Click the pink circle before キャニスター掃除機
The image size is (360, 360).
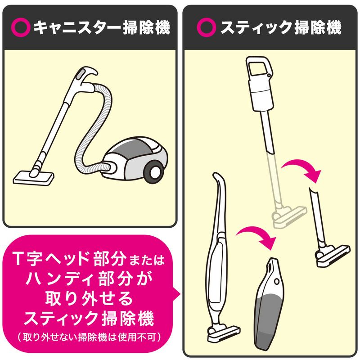click(x=22, y=28)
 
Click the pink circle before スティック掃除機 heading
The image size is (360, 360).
click(x=207, y=28)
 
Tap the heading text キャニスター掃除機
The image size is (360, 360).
click(x=102, y=28)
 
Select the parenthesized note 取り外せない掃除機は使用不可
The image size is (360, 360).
click(x=89, y=337)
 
